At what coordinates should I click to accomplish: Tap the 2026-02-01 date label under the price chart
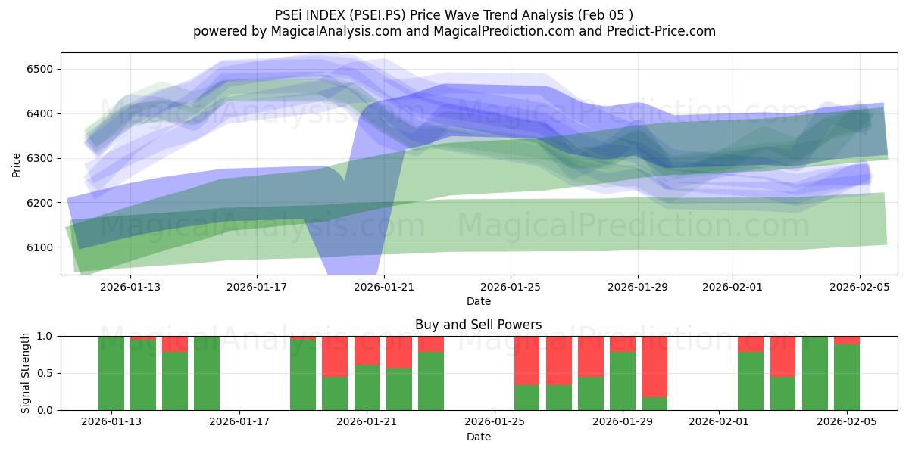[x=732, y=287]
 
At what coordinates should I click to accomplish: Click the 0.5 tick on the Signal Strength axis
[x=45, y=373]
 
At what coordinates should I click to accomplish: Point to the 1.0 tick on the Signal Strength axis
[x=45, y=336]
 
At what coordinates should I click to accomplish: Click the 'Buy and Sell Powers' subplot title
[x=478, y=325]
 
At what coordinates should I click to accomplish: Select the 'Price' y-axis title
[x=17, y=164]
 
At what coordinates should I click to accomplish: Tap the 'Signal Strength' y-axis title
[x=26, y=373]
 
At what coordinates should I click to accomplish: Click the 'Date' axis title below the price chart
[x=478, y=301]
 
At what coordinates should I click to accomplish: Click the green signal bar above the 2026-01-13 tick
[x=111, y=373]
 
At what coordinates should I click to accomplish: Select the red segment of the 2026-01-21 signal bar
[x=367, y=350]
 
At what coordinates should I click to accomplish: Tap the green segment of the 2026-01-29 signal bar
[x=623, y=381]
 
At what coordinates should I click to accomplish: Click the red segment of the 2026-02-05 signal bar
[x=847, y=340]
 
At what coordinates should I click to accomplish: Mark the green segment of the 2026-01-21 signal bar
[x=367, y=387]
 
